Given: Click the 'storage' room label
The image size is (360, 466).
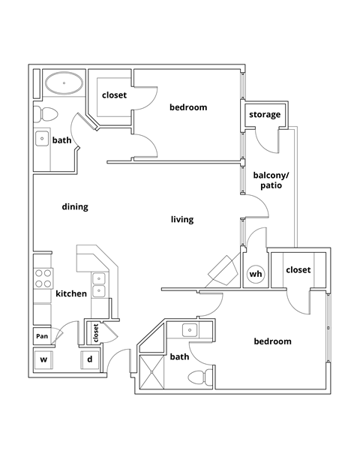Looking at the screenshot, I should coord(265,115).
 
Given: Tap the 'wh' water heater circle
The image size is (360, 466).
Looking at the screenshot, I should coord(256,275).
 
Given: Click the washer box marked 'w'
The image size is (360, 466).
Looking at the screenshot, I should coord(43,359).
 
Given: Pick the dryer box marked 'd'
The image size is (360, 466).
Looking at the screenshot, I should coord(90,359).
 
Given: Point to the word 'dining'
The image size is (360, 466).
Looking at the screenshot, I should coord(75,207).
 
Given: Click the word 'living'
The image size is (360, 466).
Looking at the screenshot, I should coord(182,220).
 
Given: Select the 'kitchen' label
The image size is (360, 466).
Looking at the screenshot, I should coord(71,293).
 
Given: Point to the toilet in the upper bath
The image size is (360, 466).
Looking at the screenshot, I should coord(46,115).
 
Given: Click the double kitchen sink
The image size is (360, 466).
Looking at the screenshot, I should coord(99,284).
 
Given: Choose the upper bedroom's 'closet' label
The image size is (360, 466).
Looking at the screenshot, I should coord(114,96).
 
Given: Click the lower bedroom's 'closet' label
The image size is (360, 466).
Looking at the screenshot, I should coord(298,270).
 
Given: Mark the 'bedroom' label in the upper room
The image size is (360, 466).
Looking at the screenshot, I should coord(187,107).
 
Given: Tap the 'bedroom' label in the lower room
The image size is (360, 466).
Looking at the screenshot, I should coord(271,341).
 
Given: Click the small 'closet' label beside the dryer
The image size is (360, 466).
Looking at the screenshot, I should coord(96,332).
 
